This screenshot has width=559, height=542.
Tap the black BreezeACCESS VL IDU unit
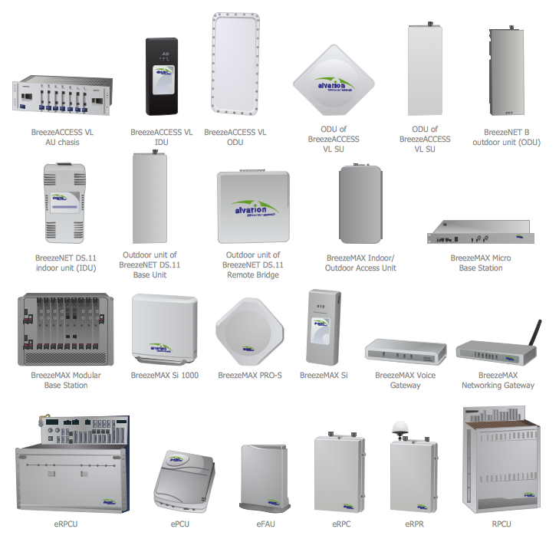tap(163, 77)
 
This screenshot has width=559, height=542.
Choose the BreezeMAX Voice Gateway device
tap(406, 352)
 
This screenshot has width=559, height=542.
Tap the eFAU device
tap(265, 478)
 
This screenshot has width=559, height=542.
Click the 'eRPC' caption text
tap(342, 524)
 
